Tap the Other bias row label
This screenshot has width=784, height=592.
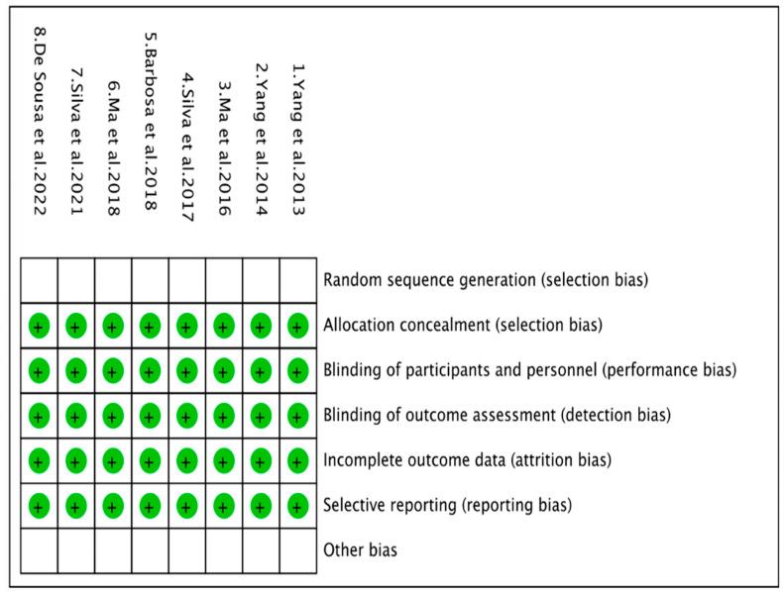click(361, 549)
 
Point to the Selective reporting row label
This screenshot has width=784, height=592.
click(447, 505)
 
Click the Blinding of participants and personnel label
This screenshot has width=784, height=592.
click(529, 370)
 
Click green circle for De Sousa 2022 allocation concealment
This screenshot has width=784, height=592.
click(39, 325)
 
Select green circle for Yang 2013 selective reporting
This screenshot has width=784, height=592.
click(297, 505)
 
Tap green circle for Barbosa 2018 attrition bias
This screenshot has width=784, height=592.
click(150, 460)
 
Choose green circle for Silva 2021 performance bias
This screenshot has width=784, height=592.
click(76, 370)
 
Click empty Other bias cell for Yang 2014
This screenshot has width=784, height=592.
click(261, 549)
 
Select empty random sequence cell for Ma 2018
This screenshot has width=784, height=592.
click(113, 279)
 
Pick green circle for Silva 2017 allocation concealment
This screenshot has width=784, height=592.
click(186, 325)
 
